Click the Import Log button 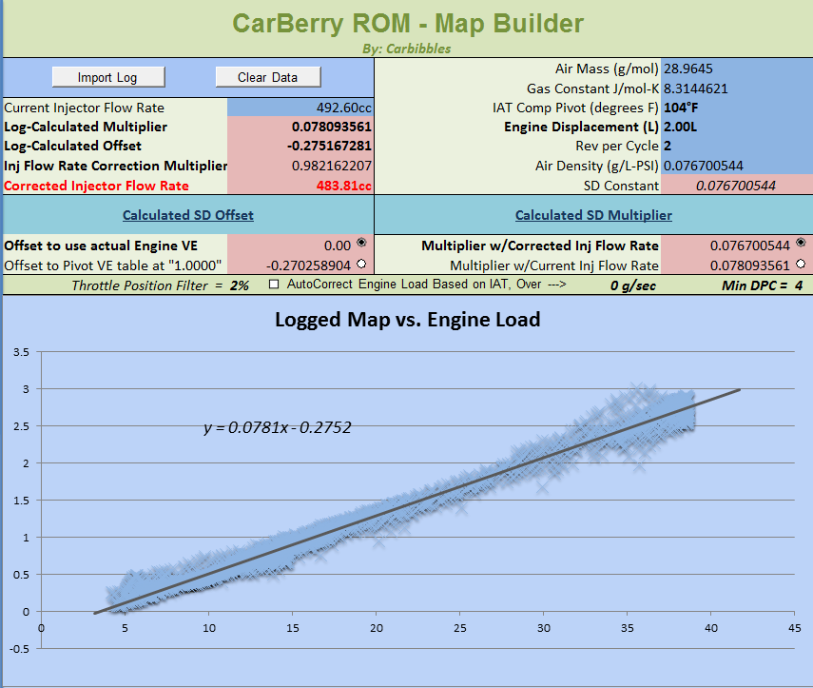107,77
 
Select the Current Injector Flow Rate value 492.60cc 343,108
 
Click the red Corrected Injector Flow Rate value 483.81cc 343,186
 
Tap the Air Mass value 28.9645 688,69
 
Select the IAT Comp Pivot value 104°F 683,108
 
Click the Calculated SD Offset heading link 188,215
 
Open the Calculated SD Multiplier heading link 593,215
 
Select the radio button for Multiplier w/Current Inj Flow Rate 801,265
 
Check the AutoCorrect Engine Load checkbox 275,284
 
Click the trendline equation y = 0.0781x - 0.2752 278,428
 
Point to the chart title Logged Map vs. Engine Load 407,320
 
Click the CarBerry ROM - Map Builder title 406,23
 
